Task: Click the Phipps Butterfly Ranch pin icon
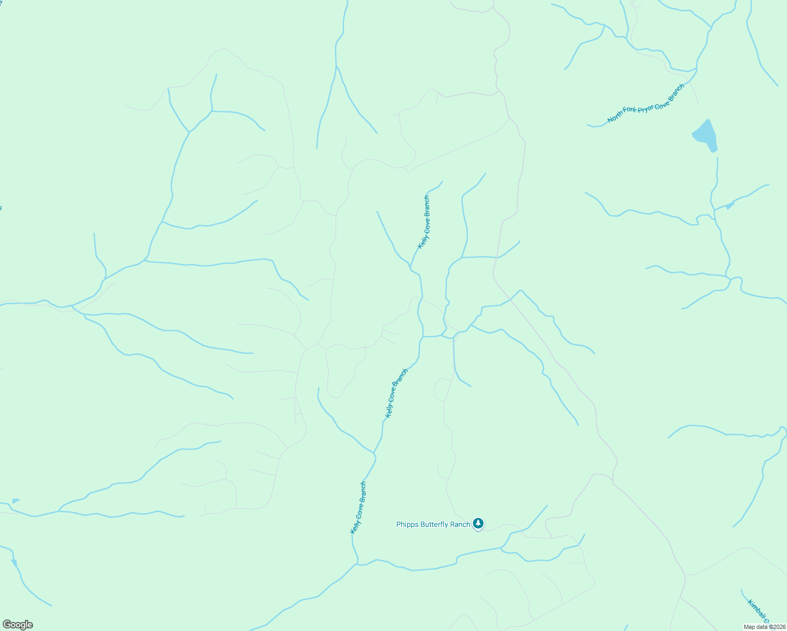click(x=478, y=523)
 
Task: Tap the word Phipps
click(x=408, y=524)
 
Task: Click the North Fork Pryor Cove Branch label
click(x=646, y=104)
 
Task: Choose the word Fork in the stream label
click(x=630, y=111)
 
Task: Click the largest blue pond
click(x=705, y=135)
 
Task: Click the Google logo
click(x=18, y=625)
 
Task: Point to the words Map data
click(x=755, y=627)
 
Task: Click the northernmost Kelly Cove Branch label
click(x=423, y=222)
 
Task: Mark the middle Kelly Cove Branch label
click(x=396, y=393)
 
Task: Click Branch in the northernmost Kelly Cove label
click(x=427, y=205)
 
